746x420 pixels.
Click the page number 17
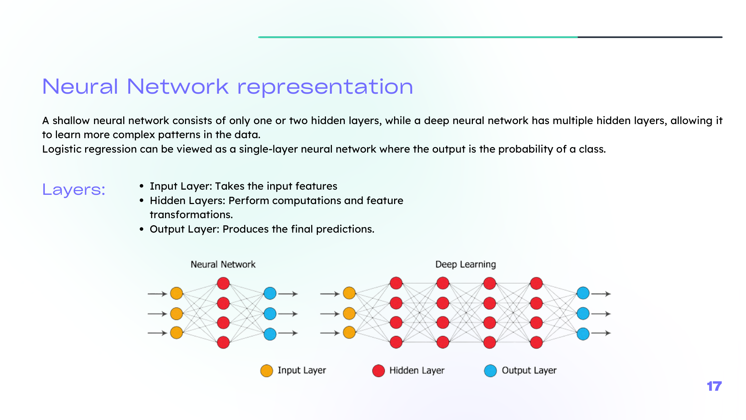[x=714, y=386]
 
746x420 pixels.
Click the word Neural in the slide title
[x=80, y=87]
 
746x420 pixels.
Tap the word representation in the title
[x=325, y=87]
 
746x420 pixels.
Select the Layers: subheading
[x=74, y=190]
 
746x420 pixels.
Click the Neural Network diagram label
[x=223, y=264]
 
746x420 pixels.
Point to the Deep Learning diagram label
[x=465, y=264]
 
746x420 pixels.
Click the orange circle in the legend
[x=266, y=371]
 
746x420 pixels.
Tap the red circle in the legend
[x=379, y=371]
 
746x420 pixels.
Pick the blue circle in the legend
[x=490, y=371]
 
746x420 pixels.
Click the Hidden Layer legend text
[x=417, y=370]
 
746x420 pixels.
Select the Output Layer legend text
[x=529, y=370]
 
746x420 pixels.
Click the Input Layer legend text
[x=302, y=370]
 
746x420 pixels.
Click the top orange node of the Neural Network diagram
[x=177, y=293]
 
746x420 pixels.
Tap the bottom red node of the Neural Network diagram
[x=223, y=342]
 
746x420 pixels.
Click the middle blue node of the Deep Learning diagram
[x=583, y=313]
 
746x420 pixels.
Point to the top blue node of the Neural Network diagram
[x=270, y=293]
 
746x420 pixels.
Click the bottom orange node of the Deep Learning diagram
[x=349, y=333]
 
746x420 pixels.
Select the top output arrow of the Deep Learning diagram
[x=601, y=294]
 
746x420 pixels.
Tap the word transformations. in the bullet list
[x=191, y=215]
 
